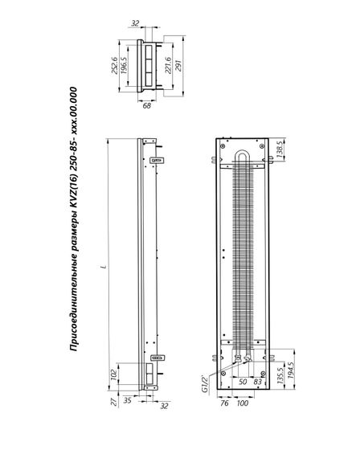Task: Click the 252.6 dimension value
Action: tap(115, 66)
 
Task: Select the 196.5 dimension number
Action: tap(124, 65)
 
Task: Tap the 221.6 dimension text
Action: tap(168, 65)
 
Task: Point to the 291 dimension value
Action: tap(178, 66)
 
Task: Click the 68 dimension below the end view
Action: tap(147, 106)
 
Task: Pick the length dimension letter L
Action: tap(104, 267)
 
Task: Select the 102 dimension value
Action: tap(114, 374)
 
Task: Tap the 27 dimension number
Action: tap(115, 402)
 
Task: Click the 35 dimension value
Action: tap(127, 400)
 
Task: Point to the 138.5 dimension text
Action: tap(280, 149)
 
